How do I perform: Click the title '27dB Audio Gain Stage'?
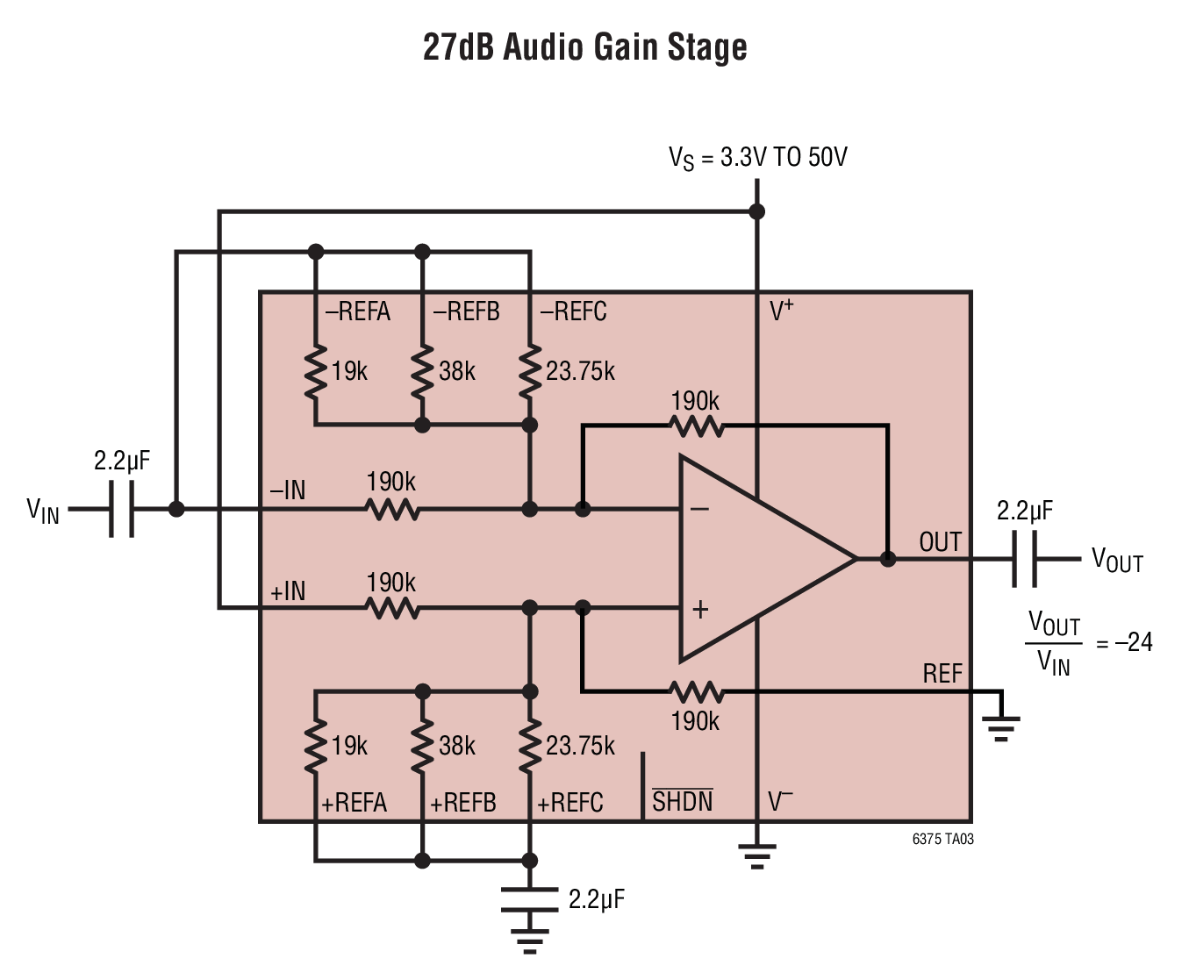coord(584,47)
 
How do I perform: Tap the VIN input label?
coord(43,511)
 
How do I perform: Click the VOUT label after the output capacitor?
coord(1117,561)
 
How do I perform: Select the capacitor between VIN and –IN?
coord(121,509)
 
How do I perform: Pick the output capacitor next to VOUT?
coord(1024,559)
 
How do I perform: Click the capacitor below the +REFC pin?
coord(529,899)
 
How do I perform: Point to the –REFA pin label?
coord(357,311)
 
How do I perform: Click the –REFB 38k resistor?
coord(422,372)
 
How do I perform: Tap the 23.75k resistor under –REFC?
coord(529,372)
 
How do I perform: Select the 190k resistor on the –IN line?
coord(392,509)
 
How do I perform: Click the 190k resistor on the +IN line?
coord(392,608)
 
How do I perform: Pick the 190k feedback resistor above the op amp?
coord(696,426)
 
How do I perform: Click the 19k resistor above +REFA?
coord(316,745)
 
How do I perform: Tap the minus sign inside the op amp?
coord(699,509)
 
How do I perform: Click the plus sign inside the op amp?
coord(700,610)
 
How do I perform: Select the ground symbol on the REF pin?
coord(1000,728)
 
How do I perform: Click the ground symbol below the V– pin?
coord(757,856)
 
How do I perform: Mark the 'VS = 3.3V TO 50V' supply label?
coord(757,157)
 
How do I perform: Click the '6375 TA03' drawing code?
coord(942,840)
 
